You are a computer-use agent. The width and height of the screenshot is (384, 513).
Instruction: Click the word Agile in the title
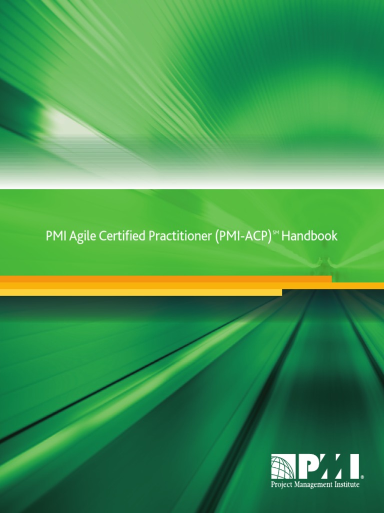[81, 236]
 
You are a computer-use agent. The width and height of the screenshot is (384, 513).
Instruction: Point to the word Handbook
[309, 236]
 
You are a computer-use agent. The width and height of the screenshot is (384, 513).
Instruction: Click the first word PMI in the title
[55, 236]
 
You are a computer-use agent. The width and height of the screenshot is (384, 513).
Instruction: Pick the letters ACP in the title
[255, 236]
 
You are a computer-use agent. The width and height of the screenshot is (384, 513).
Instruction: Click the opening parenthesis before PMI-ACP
[217, 236]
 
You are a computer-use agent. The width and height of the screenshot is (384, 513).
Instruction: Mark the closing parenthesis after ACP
[269, 236]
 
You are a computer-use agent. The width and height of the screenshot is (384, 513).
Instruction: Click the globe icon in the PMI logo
[283, 467]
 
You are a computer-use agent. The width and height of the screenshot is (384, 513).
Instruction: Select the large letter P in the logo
[307, 467]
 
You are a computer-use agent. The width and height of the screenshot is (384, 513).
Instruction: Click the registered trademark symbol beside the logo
[362, 477]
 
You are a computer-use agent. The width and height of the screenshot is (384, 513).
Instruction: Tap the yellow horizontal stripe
[140, 293]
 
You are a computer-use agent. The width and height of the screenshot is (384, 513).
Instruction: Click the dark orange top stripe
[165, 279]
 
